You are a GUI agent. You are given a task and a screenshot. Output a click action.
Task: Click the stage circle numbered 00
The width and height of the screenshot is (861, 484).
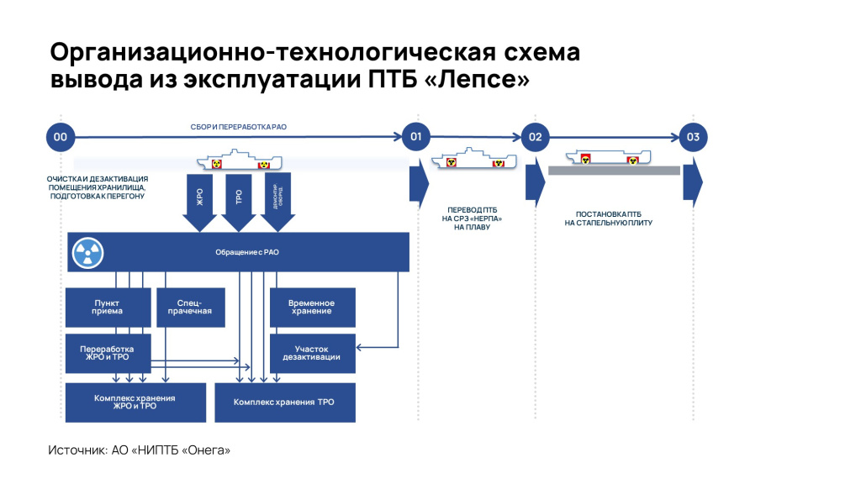(x=60, y=137)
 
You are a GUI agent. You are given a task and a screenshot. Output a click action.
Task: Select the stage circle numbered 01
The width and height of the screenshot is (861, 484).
(x=415, y=137)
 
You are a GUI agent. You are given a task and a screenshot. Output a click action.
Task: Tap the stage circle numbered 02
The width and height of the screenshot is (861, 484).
(x=535, y=137)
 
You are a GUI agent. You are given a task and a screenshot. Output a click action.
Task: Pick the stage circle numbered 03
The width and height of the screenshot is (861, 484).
(x=692, y=137)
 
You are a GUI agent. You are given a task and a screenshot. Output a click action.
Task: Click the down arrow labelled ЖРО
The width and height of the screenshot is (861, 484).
(x=199, y=201)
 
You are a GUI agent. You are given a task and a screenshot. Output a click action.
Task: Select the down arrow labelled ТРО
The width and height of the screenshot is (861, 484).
(x=238, y=201)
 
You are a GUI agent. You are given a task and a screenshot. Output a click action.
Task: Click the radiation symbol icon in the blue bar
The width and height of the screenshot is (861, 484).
(x=85, y=251)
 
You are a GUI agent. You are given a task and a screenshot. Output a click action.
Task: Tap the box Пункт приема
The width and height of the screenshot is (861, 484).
(x=108, y=308)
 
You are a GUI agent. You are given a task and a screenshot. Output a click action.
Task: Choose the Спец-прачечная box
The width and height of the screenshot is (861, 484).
(x=189, y=308)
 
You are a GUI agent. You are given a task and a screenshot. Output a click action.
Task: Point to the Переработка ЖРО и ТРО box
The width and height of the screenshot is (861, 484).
(x=108, y=354)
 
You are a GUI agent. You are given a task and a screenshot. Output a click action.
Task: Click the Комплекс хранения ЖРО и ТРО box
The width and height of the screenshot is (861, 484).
(x=135, y=402)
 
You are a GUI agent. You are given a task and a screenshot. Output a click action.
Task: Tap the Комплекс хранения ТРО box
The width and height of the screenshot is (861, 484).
(x=285, y=402)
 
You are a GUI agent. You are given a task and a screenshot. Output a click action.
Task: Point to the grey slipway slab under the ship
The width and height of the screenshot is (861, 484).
(x=614, y=170)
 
